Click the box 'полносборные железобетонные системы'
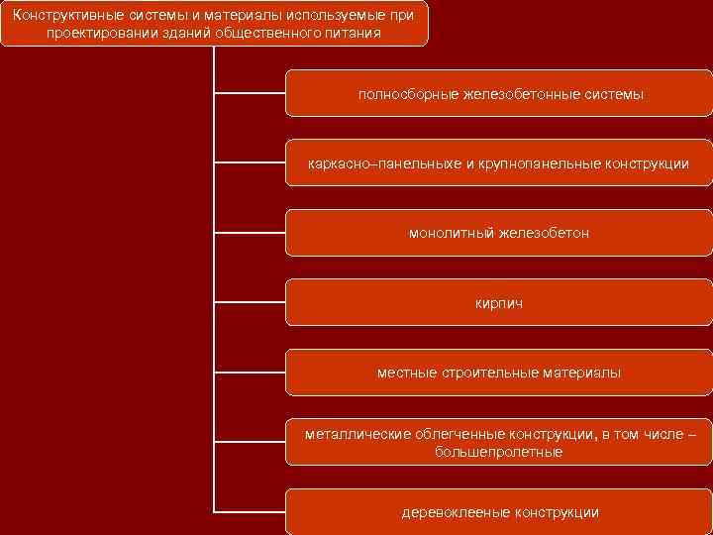(499, 94)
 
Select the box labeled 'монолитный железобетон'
(499, 234)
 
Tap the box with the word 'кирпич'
(499, 303)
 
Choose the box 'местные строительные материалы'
(499, 373)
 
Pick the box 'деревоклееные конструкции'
(499, 512)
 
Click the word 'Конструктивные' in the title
(68, 15)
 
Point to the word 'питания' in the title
(356, 33)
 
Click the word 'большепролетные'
(499, 452)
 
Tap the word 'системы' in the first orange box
(613, 94)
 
